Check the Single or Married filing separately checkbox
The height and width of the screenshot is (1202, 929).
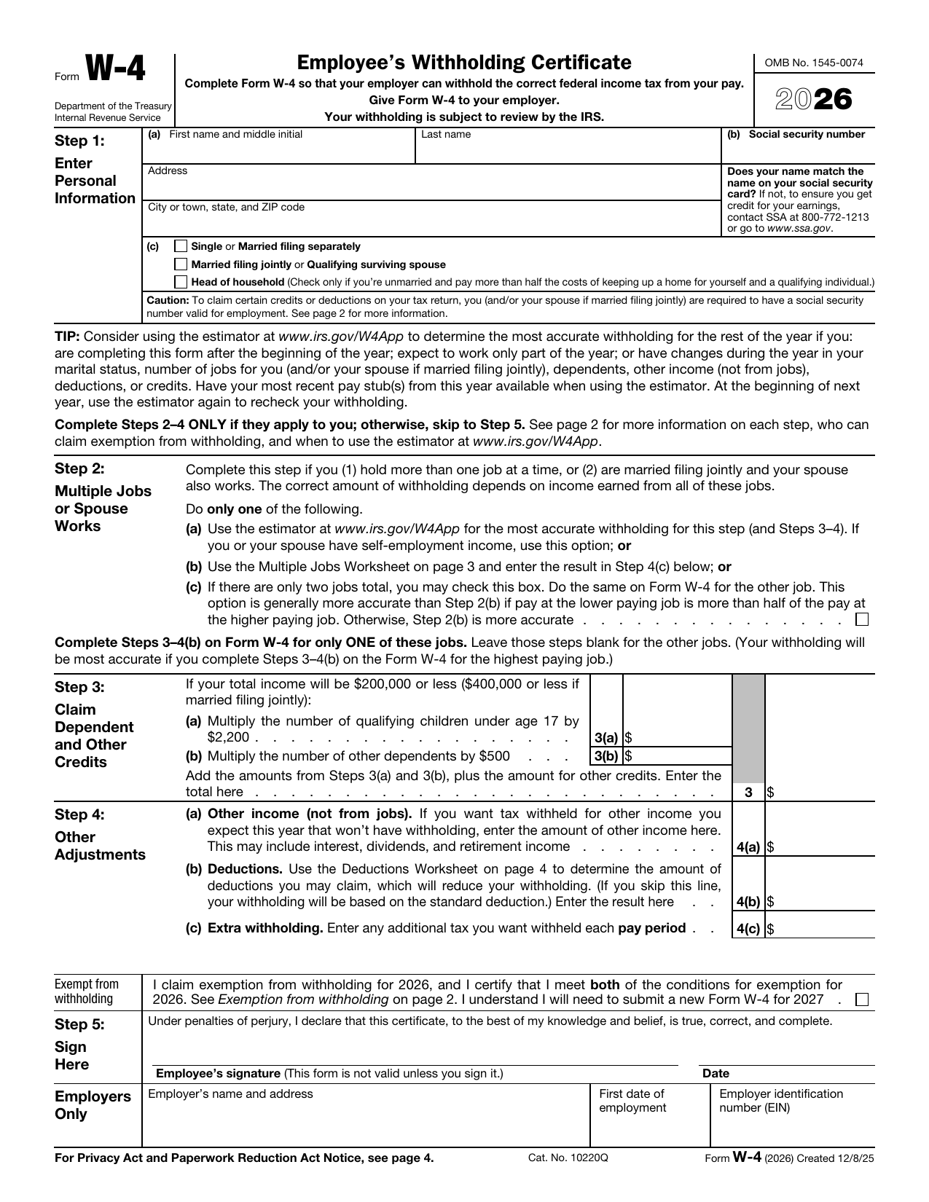point(181,246)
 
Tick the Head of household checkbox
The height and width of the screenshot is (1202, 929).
point(181,282)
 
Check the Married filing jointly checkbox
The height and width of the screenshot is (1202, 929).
point(181,264)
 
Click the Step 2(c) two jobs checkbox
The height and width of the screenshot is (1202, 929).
point(862,620)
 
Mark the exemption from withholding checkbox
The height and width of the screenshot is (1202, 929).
point(862,999)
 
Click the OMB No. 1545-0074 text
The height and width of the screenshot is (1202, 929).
point(813,63)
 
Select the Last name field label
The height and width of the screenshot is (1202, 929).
point(446,135)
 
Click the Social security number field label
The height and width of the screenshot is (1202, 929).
point(806,135)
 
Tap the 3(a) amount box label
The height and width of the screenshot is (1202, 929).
point(605,738)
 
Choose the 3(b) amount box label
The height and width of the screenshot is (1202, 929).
point(605,755)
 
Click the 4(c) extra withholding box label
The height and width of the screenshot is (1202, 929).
point(748,929)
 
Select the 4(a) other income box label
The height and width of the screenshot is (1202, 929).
point(748,847)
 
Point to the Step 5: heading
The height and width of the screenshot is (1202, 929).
point(79,1024)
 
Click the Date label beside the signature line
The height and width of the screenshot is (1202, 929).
point(716,1073)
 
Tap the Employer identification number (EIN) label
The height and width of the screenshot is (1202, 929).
point(780,1101)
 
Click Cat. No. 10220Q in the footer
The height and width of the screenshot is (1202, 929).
point(568,1158)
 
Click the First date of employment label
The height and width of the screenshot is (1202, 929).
point(632,1101)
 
